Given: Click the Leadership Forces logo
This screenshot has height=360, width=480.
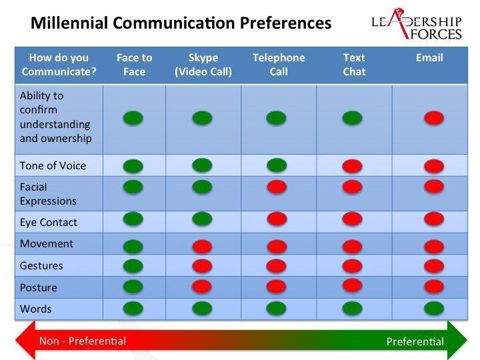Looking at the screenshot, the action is click(x=417, y=25).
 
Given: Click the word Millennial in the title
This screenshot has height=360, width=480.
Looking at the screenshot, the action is click(x=69, y=23).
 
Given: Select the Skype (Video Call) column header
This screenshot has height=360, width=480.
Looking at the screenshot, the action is click(x=203, y=65).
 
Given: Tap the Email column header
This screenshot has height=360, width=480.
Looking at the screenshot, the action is click(x=429, y=57).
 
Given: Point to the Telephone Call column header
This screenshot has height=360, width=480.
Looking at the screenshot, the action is click(x=279, y=65).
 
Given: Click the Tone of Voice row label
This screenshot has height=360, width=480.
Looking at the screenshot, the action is click(x=53, y=165).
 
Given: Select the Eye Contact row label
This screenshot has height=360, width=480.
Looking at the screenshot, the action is click(x=49, y=222).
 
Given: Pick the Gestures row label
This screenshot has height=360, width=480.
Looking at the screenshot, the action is click(x=41, y=265).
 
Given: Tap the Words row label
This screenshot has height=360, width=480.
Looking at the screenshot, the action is click(x=35, y=309).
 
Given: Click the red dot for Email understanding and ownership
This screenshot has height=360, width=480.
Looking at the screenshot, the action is click(x=434, y=118).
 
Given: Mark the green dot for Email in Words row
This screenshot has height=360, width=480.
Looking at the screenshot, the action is click(x=434, y=308).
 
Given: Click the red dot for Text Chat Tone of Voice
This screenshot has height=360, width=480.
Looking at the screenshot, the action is click(x=352, y=166).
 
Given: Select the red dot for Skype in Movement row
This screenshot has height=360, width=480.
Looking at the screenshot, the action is click(x=202, y=247).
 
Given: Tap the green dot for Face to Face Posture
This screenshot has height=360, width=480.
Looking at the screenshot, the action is click(x=133, y=287).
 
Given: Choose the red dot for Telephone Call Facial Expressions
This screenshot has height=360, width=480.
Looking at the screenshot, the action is click(x=277, y=187).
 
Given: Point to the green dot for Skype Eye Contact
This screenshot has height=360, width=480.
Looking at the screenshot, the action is click(x=202, y=219).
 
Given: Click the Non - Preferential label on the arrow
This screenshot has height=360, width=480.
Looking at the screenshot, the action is click(x=83, y=341).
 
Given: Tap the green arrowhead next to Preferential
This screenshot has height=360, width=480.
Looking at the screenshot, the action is click(x=457, y=340).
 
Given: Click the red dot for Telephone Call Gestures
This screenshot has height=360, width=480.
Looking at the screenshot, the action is click(x=277, y=266).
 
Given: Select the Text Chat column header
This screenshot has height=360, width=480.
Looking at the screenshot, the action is click(x=354, y=65).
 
